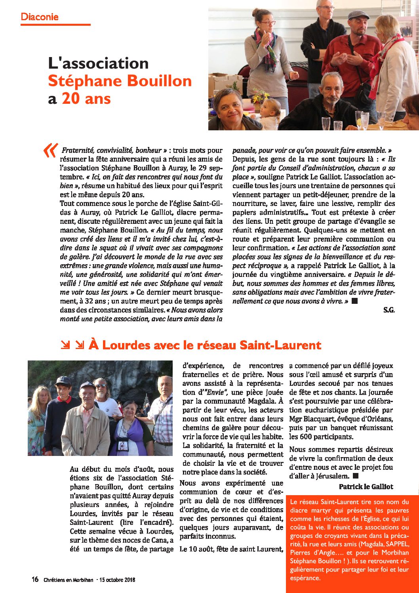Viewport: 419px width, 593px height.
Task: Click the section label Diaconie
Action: click(40, 17)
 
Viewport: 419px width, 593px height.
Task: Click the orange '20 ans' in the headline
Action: click(86, 98)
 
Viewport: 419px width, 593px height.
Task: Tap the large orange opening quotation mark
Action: click(50, 151)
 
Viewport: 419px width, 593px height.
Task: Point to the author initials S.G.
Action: click(389, 310)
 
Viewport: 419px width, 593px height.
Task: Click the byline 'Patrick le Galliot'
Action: click(366, 486)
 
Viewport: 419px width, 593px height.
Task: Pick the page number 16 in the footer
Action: click(35, 579)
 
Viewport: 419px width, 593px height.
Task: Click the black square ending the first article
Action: click(354, 301)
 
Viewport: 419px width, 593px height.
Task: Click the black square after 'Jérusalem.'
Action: click(355, 475)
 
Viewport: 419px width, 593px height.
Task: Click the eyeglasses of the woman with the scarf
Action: click(269, 23)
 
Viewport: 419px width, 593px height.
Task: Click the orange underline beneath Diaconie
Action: click(55, 25)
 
